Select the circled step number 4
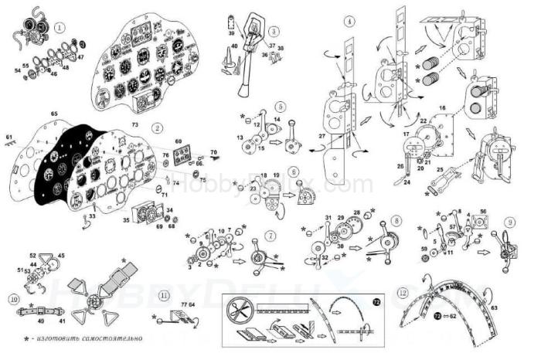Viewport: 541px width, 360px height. [350, 20]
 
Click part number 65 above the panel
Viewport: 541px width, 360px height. [54, 114]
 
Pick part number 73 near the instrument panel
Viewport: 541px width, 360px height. [134, 124]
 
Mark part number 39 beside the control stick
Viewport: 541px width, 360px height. [231, 35]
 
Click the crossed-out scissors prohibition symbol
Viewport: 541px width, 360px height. [237, 311]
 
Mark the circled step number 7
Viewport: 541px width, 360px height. [269, 234]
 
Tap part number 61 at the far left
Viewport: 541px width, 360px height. [9, 138]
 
